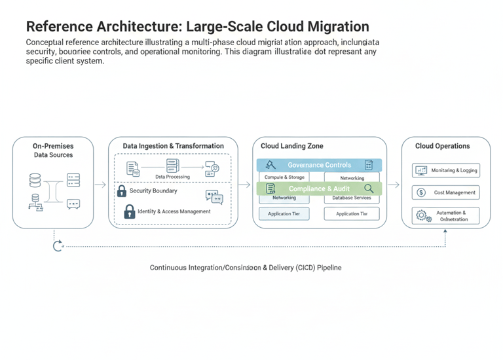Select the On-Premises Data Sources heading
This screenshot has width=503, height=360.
(53, 150)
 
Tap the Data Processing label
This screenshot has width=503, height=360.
(172, 177)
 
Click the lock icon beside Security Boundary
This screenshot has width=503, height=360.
(121, 191)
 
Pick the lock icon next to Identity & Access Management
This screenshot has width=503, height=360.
(129, 211)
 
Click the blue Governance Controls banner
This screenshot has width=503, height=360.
(319, 165)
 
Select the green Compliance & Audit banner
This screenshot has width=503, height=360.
(319, 189)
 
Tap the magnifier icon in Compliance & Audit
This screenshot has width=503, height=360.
(369, 189)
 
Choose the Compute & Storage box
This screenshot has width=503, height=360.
(284, 177)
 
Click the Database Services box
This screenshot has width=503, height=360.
(352, 198)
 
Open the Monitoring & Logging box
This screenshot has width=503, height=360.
(446, 170)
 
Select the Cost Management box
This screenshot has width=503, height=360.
(446, 192)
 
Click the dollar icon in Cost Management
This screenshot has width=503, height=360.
(421, 192)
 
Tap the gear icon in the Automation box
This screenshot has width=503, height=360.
(421, 215)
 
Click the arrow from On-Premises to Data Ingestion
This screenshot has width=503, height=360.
(100, 185)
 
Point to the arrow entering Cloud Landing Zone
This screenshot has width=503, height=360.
(245, 185)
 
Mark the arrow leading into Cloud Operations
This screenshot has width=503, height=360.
(393, 185)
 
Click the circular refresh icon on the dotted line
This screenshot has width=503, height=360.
(58, 246)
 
